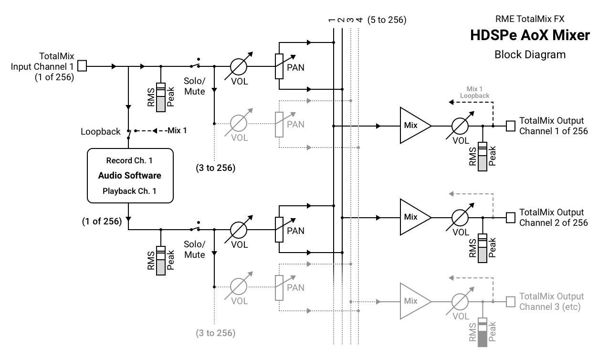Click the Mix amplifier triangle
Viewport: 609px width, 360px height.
pyautogui.click(x=413, y=301)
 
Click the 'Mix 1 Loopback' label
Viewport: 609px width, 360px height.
pyautogui.click(x=474, y=93)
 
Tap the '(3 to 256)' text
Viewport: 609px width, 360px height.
pyautogui.click(x=216, y=333)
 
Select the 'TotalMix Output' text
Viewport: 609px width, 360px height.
pyautogui.click(x=551, y=296)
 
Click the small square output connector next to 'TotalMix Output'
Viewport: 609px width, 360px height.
pyautogui.click(x=510, y=302)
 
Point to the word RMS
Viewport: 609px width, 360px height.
pyautogui.click(x=472, y=332)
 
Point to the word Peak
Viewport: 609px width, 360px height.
pyautogui.click(x=493, y=332)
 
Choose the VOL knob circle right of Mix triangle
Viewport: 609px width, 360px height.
pyautogui.click(x=460, y=301)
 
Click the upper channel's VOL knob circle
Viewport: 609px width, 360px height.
pyautogui.click(x=238, y=124)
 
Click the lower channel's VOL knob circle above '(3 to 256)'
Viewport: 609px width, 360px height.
pyautogui.click(x=238, y=287)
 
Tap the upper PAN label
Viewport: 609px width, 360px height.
pyautogui.click(x=295, y=124)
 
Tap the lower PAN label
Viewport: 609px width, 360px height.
pyautogui.click(x=295, y=287)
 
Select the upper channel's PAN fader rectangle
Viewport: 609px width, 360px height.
pyautogui.click(x=279, y=124)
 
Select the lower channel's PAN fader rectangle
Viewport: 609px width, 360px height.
pyautogui.click(x=279, y=287)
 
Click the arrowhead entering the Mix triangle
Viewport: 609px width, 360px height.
pyautogui.click(x=378, y=302)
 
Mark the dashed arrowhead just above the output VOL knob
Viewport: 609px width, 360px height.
pyautogui.click(x=451, y=277)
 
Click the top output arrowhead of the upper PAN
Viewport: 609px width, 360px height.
pyautogui.click(x=309, y=101)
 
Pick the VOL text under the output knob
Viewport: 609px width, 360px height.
pyautogui.click(x=461, y=316)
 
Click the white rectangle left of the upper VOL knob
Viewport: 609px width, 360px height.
pyautogui.click(x=161, y=104)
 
